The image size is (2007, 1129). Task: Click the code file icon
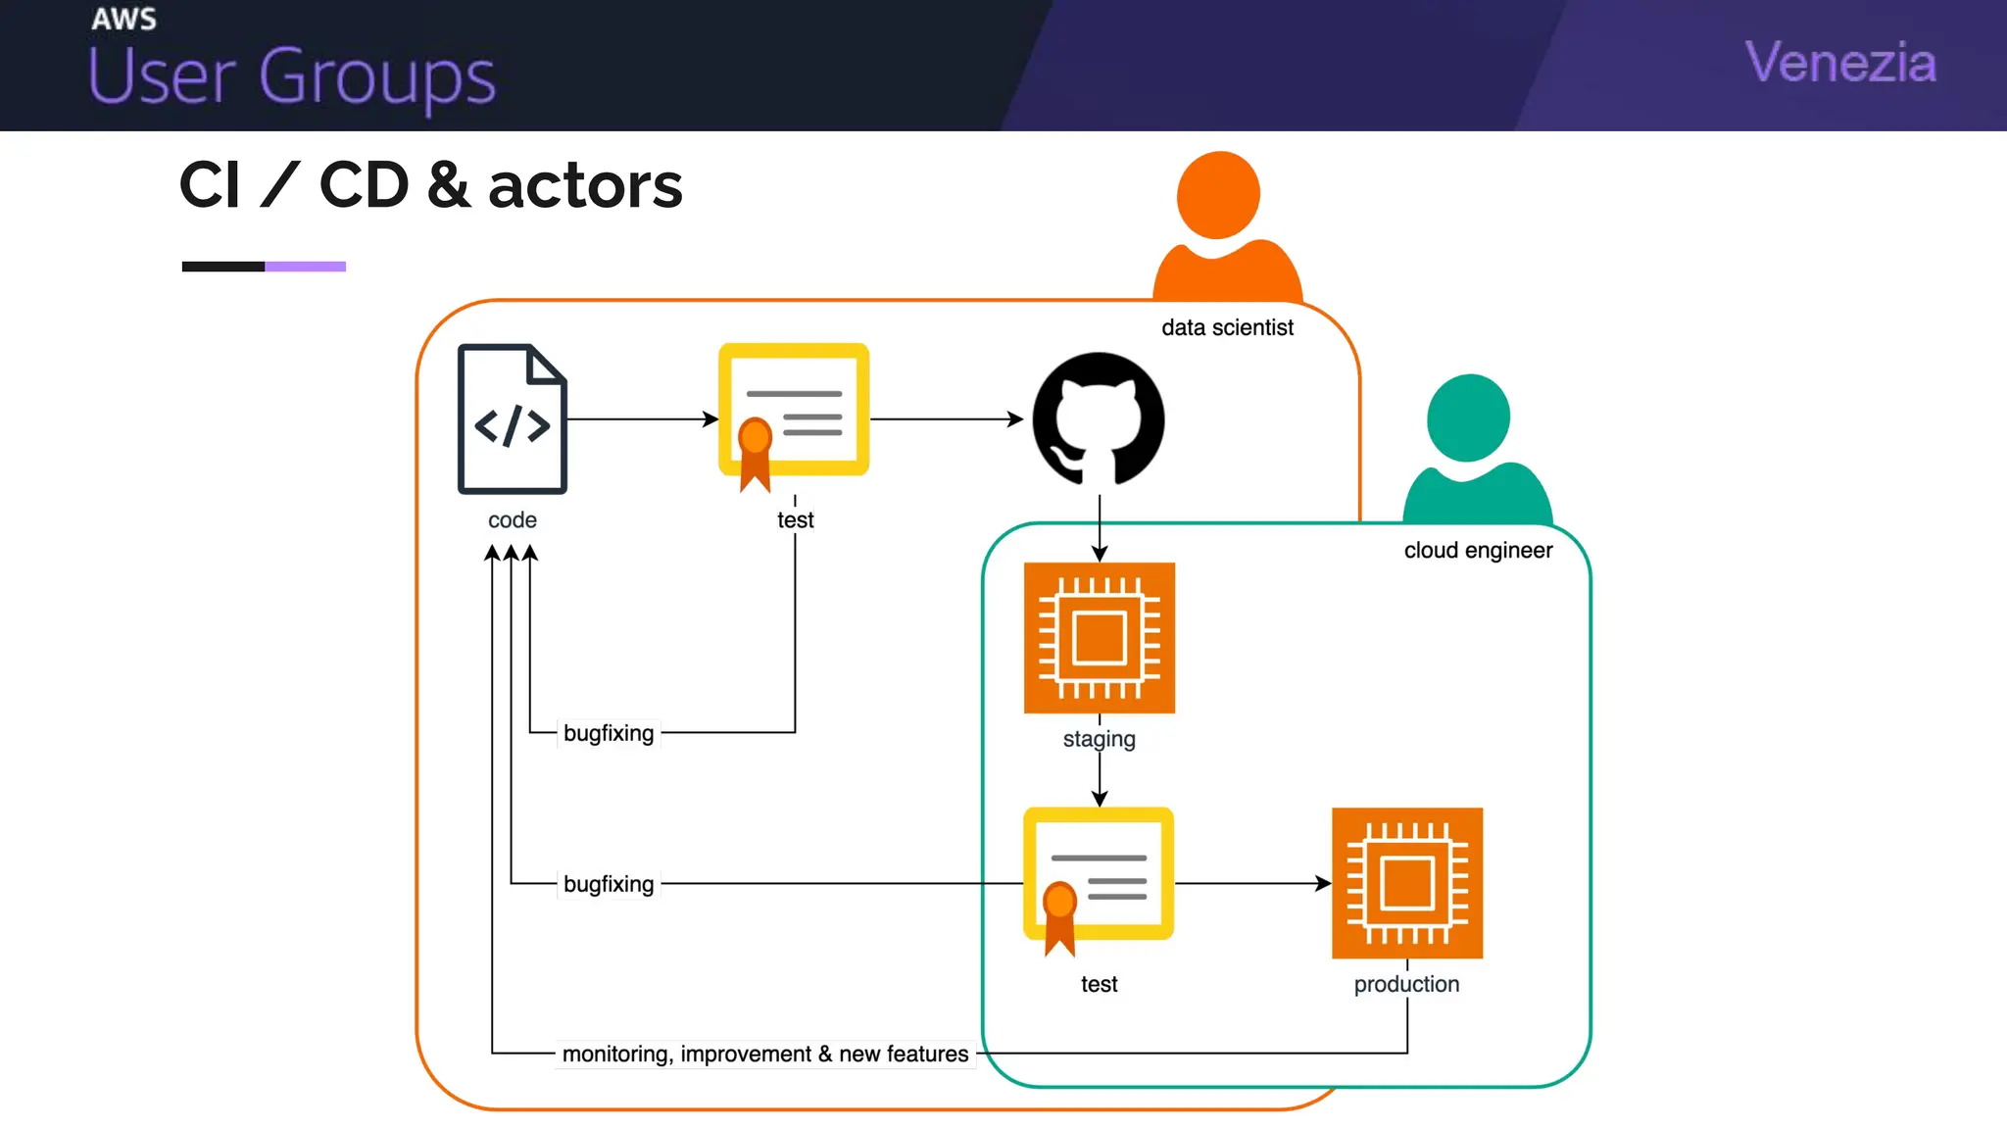(512, 418)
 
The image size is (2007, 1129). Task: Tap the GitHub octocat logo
(1099, 418)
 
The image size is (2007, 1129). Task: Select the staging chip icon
(1099, 637)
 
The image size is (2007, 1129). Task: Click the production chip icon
(1406, 882)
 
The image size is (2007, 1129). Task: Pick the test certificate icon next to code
(794, 412)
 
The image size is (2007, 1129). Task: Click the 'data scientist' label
(1227, 327)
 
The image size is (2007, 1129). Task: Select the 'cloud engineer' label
(1478, 550)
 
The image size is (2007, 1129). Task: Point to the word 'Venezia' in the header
(1840, 63)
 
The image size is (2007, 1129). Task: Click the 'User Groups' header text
(292, 76)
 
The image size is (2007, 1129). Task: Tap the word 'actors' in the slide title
(585, 185)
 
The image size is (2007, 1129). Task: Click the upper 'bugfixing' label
(609, 733)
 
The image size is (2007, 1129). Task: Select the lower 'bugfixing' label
(609, 884)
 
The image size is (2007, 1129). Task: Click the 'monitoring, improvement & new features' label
(764, 1054)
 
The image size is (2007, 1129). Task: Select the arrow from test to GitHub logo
(946, 419)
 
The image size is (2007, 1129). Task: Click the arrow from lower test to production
(1252, 883)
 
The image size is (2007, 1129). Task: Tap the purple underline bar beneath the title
(305, 267)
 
